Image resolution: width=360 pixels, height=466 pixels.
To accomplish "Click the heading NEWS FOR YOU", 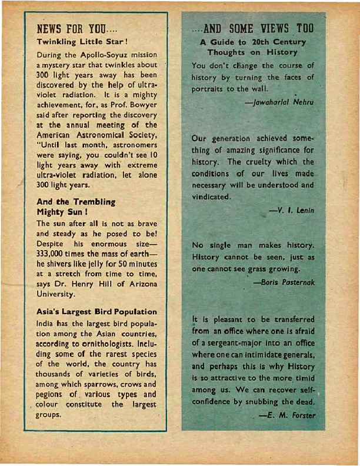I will click(x=78, y=28).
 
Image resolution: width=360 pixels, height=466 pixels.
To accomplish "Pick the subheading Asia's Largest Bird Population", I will click(x=96, y=311).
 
